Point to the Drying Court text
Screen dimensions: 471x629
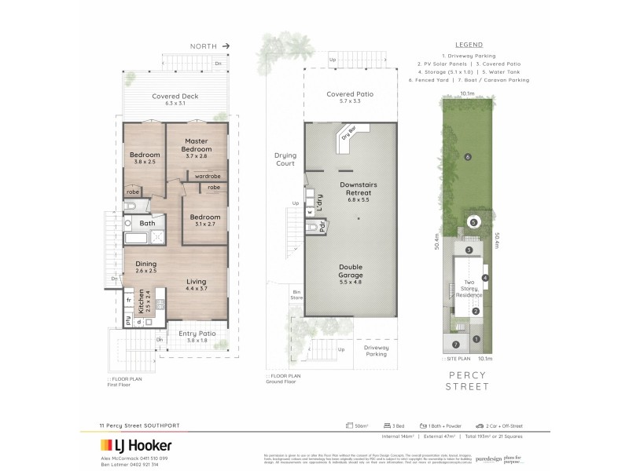tap(284, 159)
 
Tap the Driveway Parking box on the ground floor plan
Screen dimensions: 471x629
tap(378, 351)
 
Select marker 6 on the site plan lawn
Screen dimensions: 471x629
tap(467, 157)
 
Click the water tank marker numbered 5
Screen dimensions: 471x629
tap(473, 222)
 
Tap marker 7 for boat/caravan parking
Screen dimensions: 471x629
tap(456, 345)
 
